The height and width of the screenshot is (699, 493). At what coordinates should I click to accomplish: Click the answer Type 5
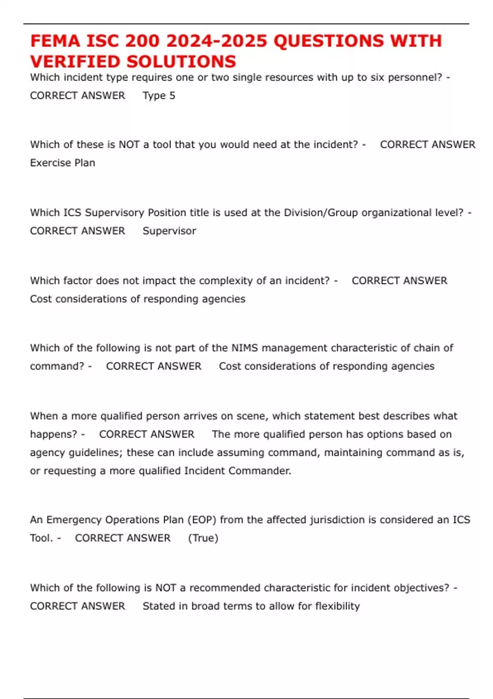tap(159, 95)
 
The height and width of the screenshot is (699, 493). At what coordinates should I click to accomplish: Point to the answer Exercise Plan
tap(62, 163)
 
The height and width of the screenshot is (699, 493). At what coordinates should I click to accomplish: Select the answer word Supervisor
tap(169, 231)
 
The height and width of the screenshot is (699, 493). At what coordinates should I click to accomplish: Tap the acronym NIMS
tap(244, 348)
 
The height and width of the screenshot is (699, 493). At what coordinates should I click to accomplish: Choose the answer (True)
tap(203, 538)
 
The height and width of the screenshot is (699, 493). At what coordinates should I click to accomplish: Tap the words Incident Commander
tap(237, 471)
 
